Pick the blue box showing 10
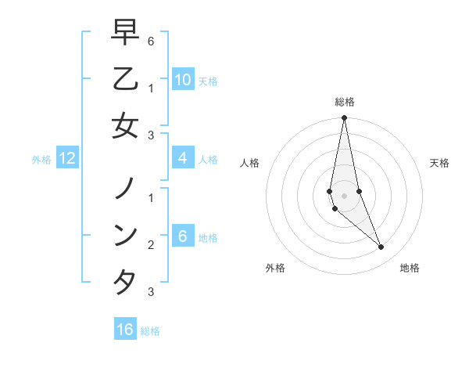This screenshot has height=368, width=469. pyautogui.click(x=182, y=79)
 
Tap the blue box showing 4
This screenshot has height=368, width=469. pyautogui.click(x=182, y=158)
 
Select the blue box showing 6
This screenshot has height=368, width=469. pyautogui.click(x=182, y=236)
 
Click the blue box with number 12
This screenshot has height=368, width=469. pyautogui.click(x=67, y=158)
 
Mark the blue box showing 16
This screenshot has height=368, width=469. pyautogui.click(x=125, y=329)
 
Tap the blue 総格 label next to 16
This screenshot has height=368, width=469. pyautogui.click(x=150, y=330)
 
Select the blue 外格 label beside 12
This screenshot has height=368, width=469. pyautogui.click(x=41, y=160)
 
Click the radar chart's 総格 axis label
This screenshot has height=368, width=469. pyautogui.click(x=344, y=102)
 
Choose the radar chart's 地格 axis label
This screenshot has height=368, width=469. pyautogui.click(x=410, y=268)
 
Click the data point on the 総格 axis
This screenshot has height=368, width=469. pyautogui.click(x=344, y=118)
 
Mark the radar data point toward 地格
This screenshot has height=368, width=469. pyautogui.click(x=381, y=247)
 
